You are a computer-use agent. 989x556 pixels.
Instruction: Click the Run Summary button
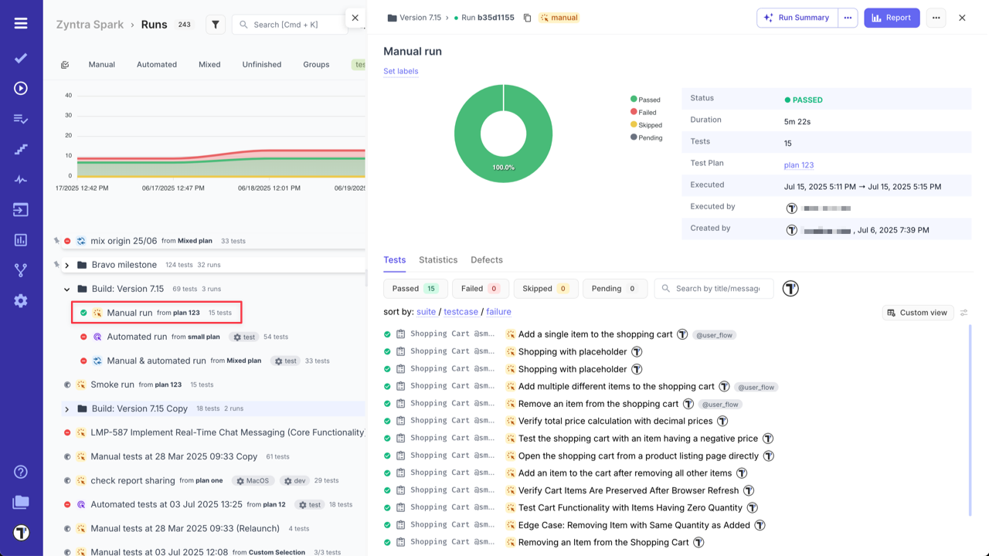point(797,18)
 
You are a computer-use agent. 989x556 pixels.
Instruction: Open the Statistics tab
point(438,260)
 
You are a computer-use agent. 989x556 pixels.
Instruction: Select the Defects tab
point(487,260)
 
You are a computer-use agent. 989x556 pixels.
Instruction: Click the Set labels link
point(401,71)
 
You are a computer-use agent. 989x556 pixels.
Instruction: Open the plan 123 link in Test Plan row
point(798,165)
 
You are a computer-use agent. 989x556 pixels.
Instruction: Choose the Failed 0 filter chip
point(480,289)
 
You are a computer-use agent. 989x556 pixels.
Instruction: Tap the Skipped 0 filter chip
point(545,289)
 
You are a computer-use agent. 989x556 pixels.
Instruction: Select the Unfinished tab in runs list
point(262,65)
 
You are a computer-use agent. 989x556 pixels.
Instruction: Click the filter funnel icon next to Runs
point(216,25)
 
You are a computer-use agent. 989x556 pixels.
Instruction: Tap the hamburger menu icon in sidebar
point(21,23)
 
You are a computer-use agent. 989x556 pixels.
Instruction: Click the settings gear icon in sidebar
point(21,301)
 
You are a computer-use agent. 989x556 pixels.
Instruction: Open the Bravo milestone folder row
point(124,265)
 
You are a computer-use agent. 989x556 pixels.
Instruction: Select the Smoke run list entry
point(112,385)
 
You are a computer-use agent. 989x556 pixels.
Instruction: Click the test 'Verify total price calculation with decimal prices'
point(615,421)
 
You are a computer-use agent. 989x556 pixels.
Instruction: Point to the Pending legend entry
point(650,137)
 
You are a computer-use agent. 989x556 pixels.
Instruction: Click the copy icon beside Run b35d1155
point(527,18)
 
